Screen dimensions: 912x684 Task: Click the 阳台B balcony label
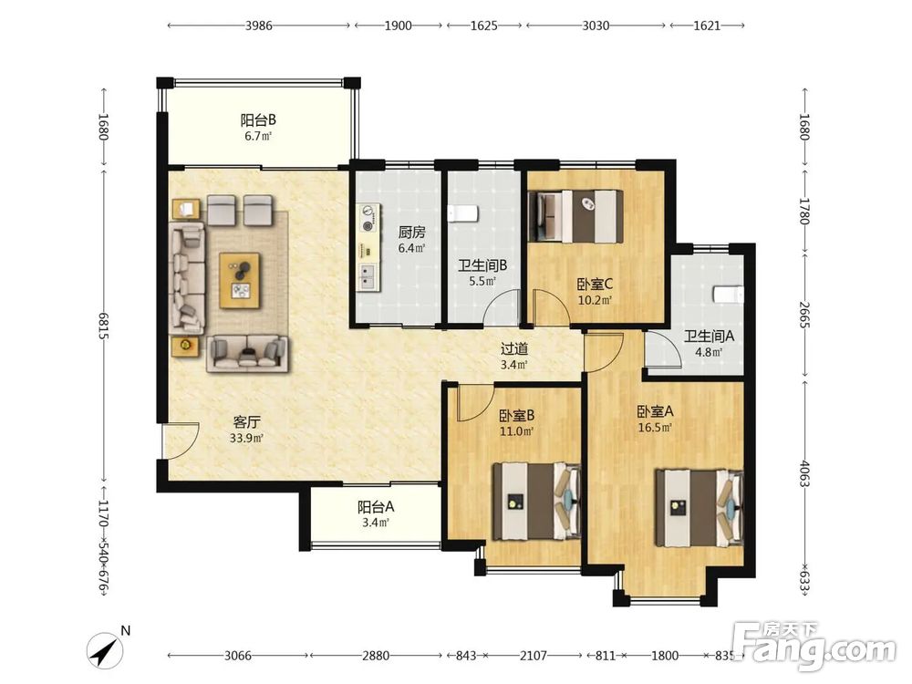pyautogui.click(x=258, y=120)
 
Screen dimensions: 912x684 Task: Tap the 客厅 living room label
pyautogui.click(x=246, y=421)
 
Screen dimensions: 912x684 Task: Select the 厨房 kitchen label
pyautogui.click(x=412, y=233)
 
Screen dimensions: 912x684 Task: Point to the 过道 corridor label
pyautogui.click(x=514, y=349)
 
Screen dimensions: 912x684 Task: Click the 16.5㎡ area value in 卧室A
pyautogui.click(x=656, y=428)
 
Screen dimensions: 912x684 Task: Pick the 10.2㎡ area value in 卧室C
pyautogui.click(x=595, y=300)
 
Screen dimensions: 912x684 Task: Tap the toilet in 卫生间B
pyautogui.click(x=463, y=213)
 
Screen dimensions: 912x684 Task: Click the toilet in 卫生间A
pyautogui.click(x=729, y=295)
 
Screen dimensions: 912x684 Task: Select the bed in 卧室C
pyautogui.click(x=575, y=216)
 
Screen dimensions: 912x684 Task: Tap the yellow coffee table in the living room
pyautogui.click(x=240, y=280)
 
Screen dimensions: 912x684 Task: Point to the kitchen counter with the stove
pyautogui.click(x=368, y=247)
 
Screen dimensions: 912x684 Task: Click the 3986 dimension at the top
pyautogui.click(x=258, y=26)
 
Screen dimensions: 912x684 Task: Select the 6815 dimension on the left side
pyautogui.click(x=104, y=326)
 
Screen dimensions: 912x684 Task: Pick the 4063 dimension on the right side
pyautogui.click(x=804, y=473)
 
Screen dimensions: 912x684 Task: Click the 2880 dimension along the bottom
pyautogui.click(x=376, y=656)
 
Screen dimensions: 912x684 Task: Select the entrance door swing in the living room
pyautogui.click(x=181, y=441)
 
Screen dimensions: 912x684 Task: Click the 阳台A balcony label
pyautogui.click(x=376, y=506)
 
